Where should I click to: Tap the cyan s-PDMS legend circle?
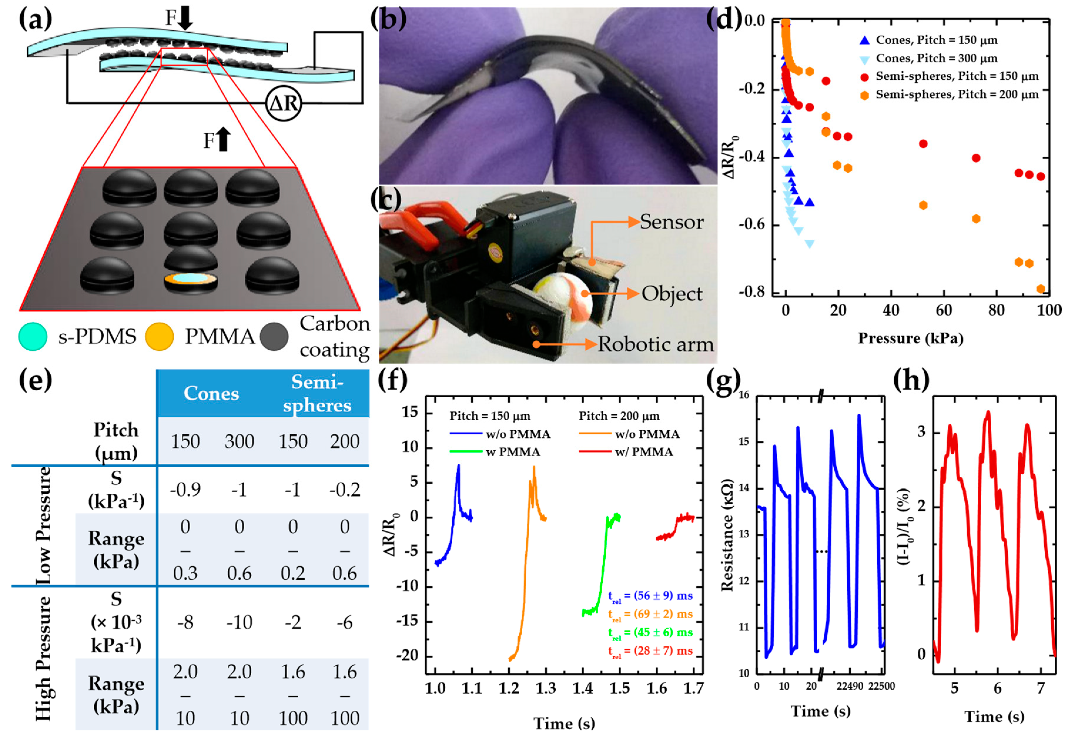point(32,337)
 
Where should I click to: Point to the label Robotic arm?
point(656,344)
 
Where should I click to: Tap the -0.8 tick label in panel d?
point(752,292)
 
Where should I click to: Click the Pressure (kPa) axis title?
point(910,338)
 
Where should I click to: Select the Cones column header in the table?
point(211,393)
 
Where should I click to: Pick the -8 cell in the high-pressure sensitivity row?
point(185,623)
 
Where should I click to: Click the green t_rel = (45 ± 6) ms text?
point(650,633)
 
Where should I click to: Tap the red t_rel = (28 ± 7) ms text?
point(650,651)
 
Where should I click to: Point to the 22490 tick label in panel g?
point(850,686)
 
